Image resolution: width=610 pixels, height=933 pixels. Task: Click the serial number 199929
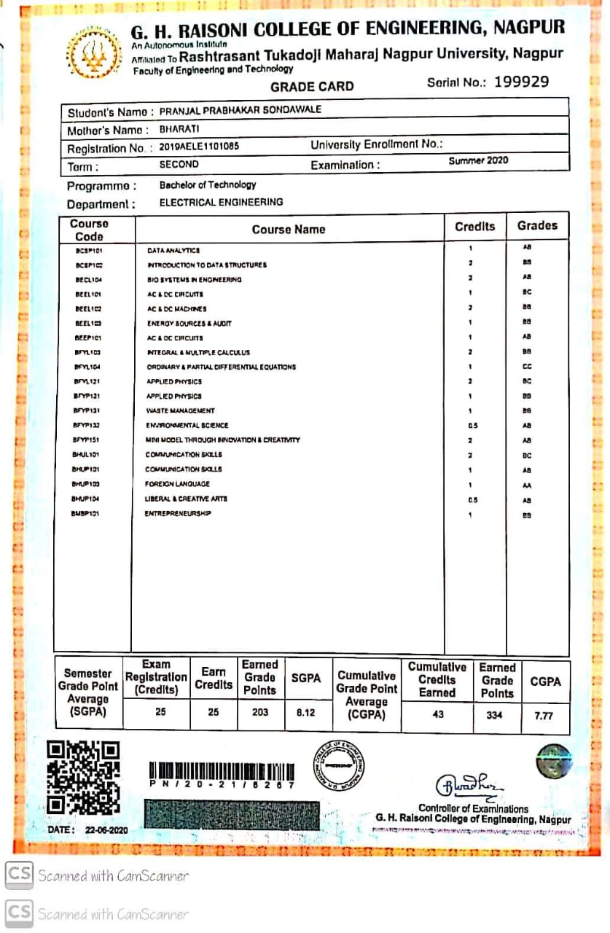click(521, 82)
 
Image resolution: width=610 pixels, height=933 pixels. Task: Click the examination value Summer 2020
click(478, 160)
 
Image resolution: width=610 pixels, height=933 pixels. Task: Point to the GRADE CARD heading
click(312, 87)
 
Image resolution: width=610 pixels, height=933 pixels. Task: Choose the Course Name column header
click(289, 230)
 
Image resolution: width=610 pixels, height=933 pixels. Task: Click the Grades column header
click(537, 226)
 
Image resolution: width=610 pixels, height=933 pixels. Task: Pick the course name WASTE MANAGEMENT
click(180, 411)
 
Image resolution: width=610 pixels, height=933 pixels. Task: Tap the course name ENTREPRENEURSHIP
click(179, 514)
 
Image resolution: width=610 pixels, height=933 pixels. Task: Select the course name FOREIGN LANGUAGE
click(178, 484)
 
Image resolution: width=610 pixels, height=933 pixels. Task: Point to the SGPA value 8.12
click(305, 712)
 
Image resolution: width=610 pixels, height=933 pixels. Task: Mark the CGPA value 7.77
click(544, 716)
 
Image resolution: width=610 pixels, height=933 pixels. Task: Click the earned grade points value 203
click(259, 712)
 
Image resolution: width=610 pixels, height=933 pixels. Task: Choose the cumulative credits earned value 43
click(437, 714)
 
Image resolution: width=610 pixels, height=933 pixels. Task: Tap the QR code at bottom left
click(83, 777)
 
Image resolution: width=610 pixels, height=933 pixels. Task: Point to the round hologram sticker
click(553, 762)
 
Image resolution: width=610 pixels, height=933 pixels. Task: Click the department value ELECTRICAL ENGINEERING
click(221, 203)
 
